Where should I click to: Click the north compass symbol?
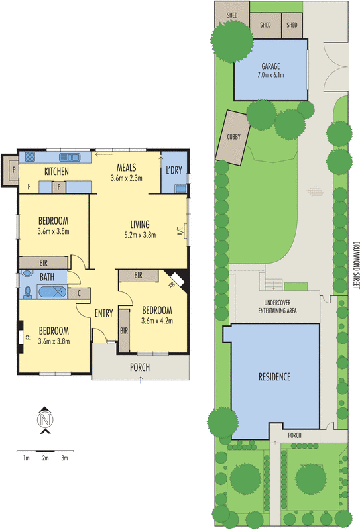click(45, 420)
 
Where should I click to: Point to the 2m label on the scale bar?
click(45, 458)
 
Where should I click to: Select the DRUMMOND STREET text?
click(355, 264)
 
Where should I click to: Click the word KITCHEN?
click(57, 172)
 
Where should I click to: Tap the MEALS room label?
click(127, 166)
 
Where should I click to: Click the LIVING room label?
click(140, 224)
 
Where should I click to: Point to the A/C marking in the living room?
click(179, 232)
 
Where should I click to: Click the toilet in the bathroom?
click(28, 274)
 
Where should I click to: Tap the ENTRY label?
click(104, 313)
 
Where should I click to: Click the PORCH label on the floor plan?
click(140, 367)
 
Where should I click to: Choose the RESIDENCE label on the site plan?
click(274, 376)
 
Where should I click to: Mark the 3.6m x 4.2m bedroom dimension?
click(156, 321)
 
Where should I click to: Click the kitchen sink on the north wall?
click(69, 158)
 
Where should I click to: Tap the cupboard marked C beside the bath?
click(80, 291)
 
